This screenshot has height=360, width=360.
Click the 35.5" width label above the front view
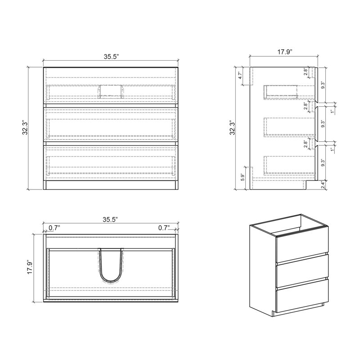111,57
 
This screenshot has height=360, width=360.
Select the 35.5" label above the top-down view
110,220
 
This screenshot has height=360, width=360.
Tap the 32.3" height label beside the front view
25,128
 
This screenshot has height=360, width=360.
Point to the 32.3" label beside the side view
233,128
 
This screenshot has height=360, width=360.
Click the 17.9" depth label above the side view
285,52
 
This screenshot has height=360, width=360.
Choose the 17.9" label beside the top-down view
30,267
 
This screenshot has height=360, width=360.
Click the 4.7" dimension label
240,75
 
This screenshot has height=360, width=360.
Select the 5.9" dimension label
243,177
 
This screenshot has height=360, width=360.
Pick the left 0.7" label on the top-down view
54,228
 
